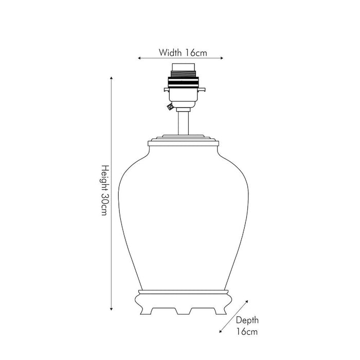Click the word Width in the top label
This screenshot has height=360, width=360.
[x=170, y=52]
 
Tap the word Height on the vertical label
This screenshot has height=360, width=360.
[x=105, y=178]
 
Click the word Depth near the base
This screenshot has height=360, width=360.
[x=247, y=320]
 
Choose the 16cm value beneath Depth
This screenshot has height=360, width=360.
[x=247, y=332]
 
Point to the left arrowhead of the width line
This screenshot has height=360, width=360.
[x=139, y=58]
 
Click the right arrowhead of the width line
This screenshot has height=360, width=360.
[x=222, y=58]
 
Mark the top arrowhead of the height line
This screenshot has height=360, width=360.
[x=112, y=78]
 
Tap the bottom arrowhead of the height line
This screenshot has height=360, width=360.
[x=112, y=309]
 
